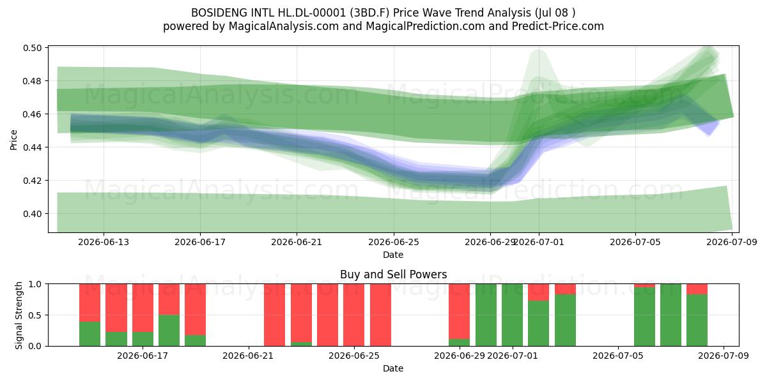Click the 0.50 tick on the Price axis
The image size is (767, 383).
[x=32, y=47]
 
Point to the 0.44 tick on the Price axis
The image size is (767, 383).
[x=32, y=147]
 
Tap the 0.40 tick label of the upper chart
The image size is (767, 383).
[x=32, y=214]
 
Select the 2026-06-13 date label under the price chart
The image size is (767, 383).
[x=104, y=242]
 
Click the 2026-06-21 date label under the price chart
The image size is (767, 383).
[x=297, y=242]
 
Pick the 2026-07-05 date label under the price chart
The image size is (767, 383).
[x=635, y=242]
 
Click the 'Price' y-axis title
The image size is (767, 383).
[x=13, y=140]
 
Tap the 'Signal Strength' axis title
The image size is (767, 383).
[x=19, y=315]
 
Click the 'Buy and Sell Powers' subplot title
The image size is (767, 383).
[x=394, y=274]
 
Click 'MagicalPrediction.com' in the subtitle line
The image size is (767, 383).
[x=425, y=26]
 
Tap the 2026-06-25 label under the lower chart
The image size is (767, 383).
[x=354, y=356]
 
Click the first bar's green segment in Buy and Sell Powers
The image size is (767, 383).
[x=89, y=334]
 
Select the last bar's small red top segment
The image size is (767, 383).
[x=697, y=289]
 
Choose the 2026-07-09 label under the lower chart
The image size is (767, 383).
[x=724, y=356]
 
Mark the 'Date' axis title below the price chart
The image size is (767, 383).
[x=393, y=255]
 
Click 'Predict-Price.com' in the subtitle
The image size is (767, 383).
[x=558, y=26]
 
